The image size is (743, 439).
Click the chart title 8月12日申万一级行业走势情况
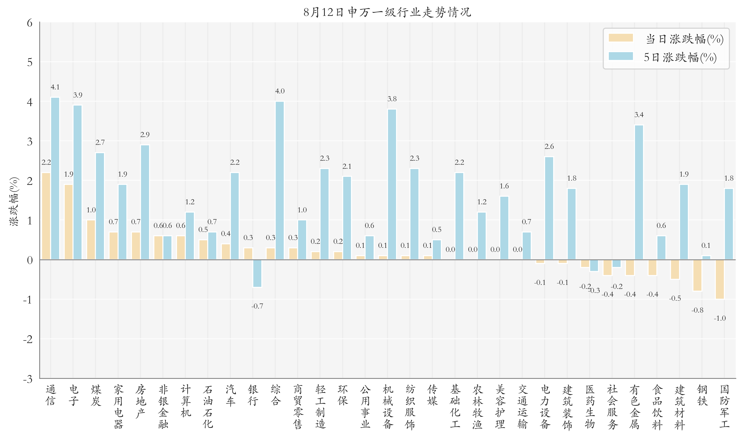[x=387, y=12]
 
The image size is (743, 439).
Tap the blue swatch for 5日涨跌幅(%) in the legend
[x=621, y=56]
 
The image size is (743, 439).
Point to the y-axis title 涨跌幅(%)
[x=14, y=201]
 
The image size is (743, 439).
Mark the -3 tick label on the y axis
[x=28, y=379]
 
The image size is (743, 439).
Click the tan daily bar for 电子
[x=68, y=222]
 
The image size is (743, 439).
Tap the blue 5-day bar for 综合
[x=279, y=180]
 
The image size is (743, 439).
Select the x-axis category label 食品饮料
[x=657, y=407]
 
